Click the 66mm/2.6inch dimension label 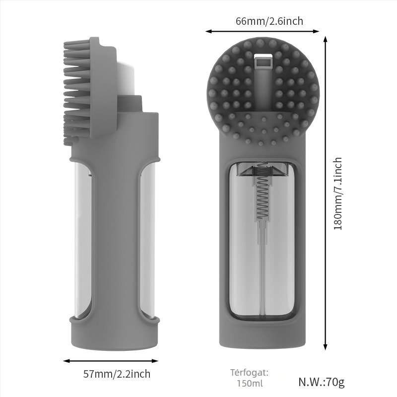pyautogui.click(x=269, y=21)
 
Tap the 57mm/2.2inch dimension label pyautogui.click(x=117, y=374)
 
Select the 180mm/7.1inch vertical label pyautogui.click(x=338, y=194)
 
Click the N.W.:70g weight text pyautogui.click(x=321, y=382)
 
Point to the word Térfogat pyautogui.click(x=250, y=373)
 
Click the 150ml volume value pyautogui.click(x=250, y=383)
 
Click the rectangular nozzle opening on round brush pyautogui.click(x=263, y=62)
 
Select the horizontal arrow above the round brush pyautogui.click(x=262, y=31)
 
